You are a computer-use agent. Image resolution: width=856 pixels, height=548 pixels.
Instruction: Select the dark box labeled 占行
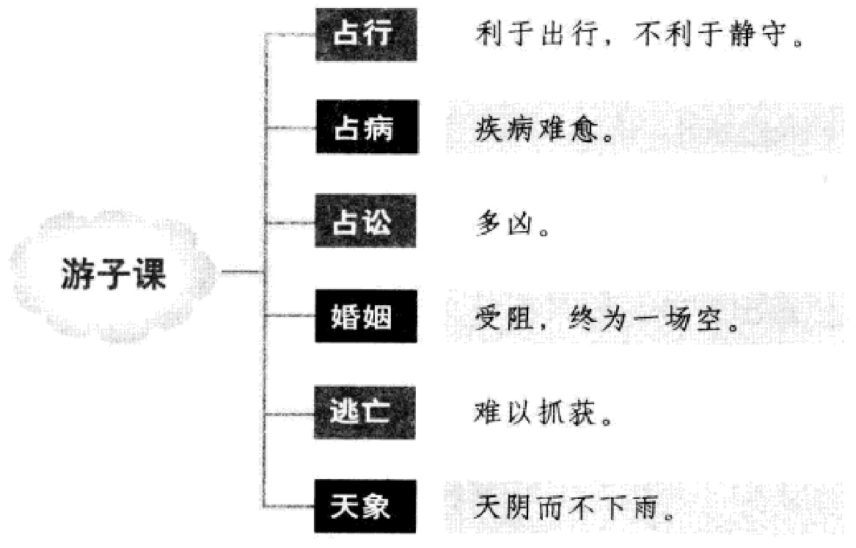[x=365, y=34]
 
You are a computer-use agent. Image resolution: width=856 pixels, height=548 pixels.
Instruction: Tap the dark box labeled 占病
[x=365, y=128]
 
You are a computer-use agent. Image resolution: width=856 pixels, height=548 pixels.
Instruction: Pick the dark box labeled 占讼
[x=365, y=222]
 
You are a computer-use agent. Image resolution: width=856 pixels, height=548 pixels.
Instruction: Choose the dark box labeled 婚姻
[x=365, y=318]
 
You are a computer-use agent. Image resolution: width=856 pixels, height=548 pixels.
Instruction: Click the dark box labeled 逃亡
[x=365, y=414]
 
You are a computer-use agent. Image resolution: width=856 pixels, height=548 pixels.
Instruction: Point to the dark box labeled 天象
[x=365, y=507]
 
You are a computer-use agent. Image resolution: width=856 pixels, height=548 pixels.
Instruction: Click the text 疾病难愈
[x=542, y=129]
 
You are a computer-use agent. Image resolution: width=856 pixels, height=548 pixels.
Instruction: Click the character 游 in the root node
[x=76, y=277]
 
